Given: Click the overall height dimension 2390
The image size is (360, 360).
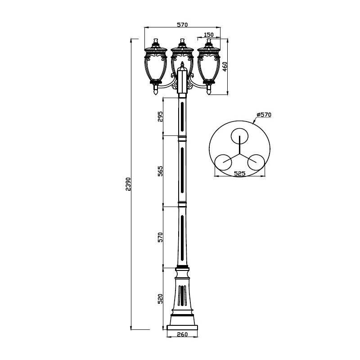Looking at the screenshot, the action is coord(128,184).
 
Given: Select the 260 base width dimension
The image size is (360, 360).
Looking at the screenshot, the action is coord(182,334).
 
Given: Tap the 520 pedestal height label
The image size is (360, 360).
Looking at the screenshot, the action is coord(160,299).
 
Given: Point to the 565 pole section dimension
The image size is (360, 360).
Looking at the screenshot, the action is coord(160,171).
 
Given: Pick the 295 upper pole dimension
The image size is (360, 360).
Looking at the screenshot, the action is coord(160,117).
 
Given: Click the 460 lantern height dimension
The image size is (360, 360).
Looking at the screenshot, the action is coord(225,67).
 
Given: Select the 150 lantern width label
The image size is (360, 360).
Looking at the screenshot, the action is coord(209,35).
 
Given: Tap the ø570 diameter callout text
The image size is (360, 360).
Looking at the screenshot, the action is coord(264,114).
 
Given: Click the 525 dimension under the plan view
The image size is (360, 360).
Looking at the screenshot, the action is coord(240,174).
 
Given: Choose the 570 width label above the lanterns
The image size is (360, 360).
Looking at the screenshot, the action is coord(182,25).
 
